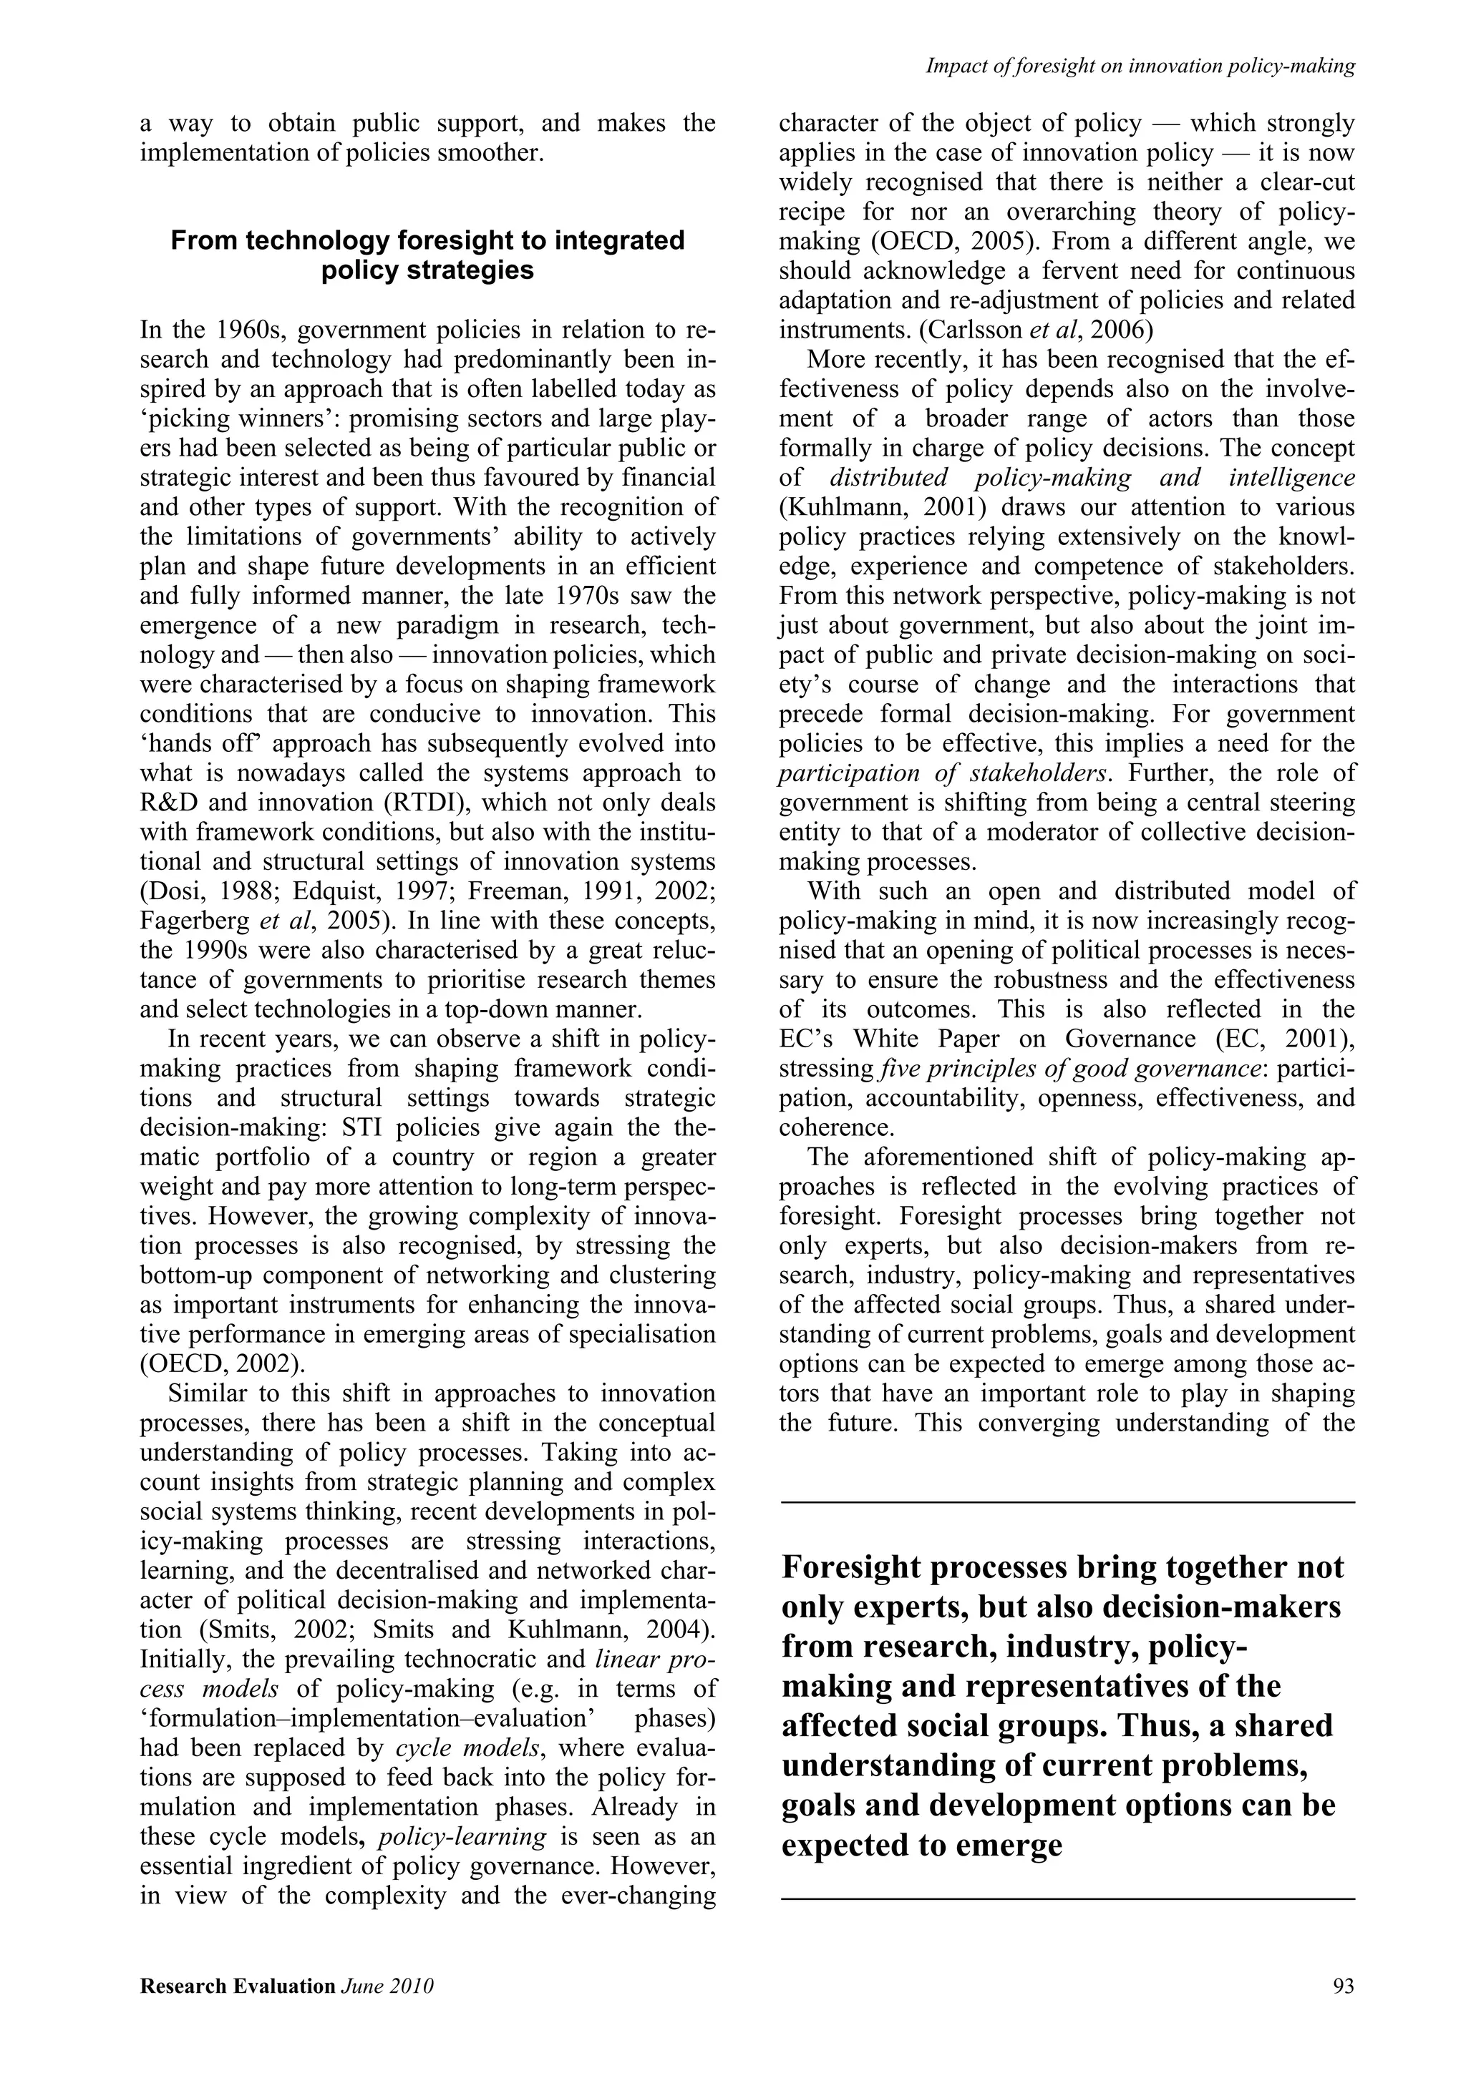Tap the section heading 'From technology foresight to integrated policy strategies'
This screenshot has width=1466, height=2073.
pos(427,255)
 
